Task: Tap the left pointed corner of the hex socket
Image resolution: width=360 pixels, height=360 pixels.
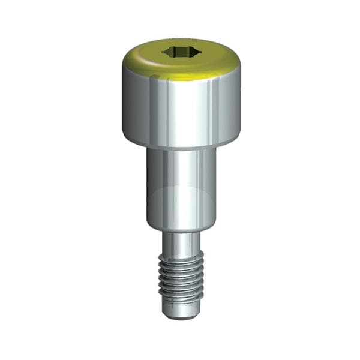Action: pos(163,52)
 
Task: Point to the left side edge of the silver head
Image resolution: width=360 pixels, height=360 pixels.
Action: pos(122,108)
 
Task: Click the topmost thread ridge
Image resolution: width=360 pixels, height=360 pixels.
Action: pos(181,254)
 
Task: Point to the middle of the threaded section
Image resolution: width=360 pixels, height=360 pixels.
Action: pos(181,276)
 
